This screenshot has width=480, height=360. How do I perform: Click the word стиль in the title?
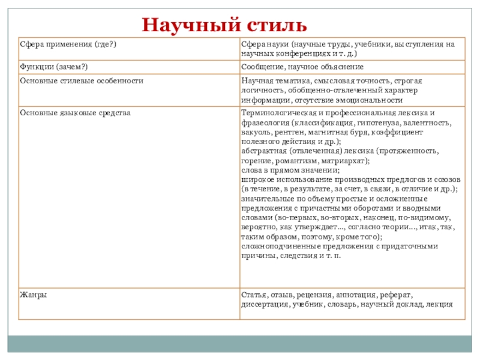coord(276,25)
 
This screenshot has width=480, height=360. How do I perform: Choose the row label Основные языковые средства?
coord(76,112)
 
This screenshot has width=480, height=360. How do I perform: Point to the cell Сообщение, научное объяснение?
coord(302,67)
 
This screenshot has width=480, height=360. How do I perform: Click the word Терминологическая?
coord(277,112)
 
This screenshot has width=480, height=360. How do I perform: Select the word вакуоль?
coord(255,132)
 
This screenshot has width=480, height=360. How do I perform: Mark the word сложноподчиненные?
coord(277,246)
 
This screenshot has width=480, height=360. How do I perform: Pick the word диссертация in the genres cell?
coord(265,304)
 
